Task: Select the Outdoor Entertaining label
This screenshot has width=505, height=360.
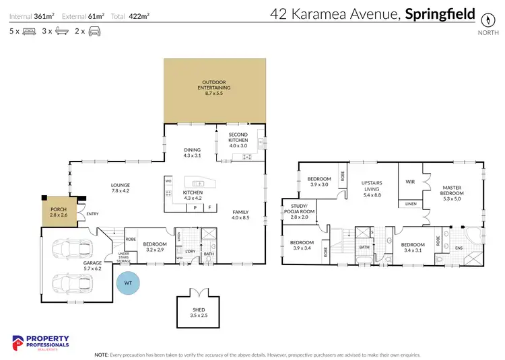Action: tap(214, 87)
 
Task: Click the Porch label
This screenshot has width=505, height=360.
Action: tap(59, 212)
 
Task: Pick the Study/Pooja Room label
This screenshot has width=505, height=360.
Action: tap(304, 212)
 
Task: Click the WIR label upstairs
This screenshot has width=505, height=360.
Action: tap(409, 182)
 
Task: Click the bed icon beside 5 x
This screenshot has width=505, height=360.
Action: tap(29, 31)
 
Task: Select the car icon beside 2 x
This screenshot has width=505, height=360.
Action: tap(94, 31)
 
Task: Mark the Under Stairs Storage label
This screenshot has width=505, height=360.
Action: tap(123, 258)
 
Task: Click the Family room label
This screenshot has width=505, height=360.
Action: tap(240, 215)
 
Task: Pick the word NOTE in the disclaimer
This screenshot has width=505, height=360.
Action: tap(102, 354)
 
